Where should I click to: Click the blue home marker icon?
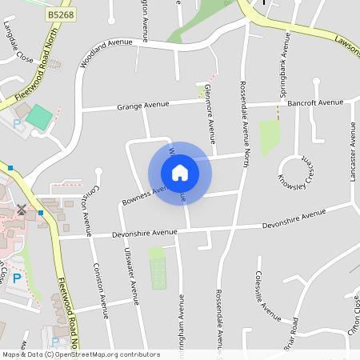point(179,173)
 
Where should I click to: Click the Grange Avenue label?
point(143,105)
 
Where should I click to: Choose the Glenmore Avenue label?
point(210,109)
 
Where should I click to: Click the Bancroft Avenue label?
point(314,102)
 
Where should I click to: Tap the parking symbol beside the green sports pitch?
point(18,124)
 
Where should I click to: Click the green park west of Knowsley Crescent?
point(270,137)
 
